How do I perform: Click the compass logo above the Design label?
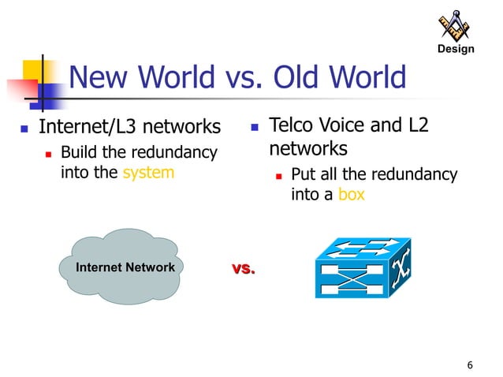454,26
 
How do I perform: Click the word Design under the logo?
455,50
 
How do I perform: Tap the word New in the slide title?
98,78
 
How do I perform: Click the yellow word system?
148,172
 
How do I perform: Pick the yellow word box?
352,194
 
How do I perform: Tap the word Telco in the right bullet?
296,125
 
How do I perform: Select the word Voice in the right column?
354,125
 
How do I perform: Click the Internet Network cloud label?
125,267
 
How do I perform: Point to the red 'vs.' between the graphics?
244,269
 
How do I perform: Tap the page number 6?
470,364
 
